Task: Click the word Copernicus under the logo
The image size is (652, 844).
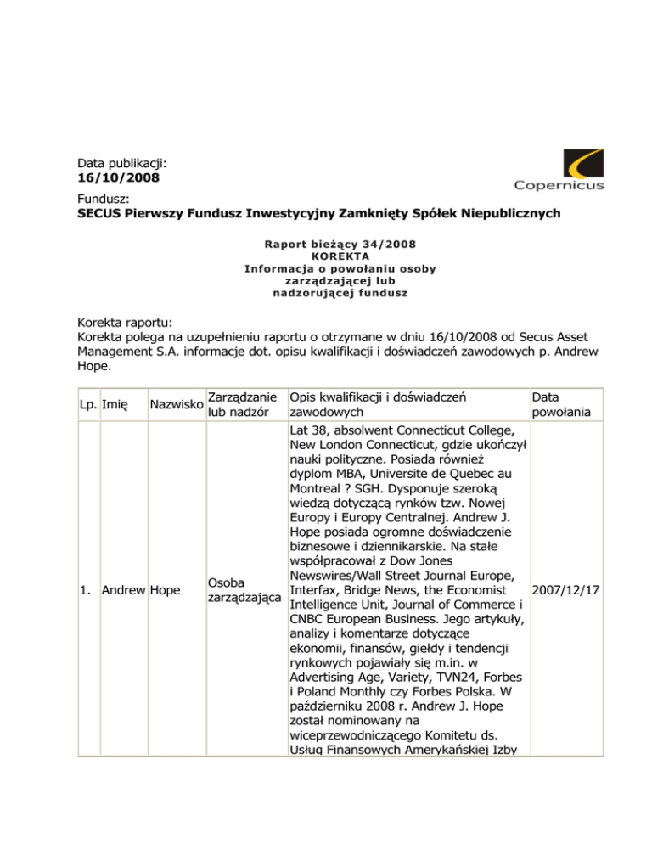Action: pos(559,186)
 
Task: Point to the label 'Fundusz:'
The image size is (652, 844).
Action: pos(92,199)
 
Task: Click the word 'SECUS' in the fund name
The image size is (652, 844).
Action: pos(92,215)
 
